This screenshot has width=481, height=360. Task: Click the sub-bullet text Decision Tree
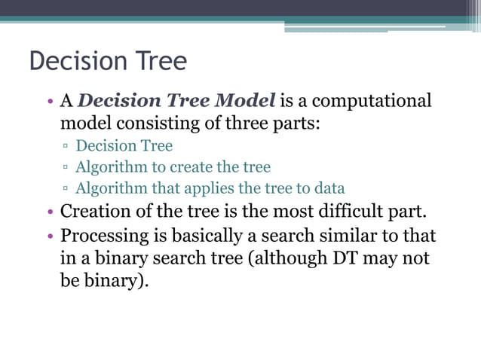(124, 145)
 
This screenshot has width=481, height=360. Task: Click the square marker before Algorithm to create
(66, 167)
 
